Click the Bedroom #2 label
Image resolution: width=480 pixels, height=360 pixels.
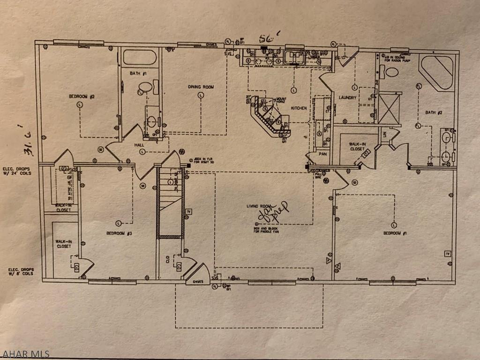tap(82, 97)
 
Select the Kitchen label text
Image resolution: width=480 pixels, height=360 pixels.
tap(299, 108)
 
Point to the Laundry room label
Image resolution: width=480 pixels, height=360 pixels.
tap(347, 97)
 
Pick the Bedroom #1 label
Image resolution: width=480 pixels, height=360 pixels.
tap(394, 233)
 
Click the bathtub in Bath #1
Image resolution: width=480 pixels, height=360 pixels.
tap(139, 58)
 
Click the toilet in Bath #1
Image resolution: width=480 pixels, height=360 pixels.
tap(146, 87)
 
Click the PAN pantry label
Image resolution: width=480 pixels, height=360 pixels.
tap(322, 153)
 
